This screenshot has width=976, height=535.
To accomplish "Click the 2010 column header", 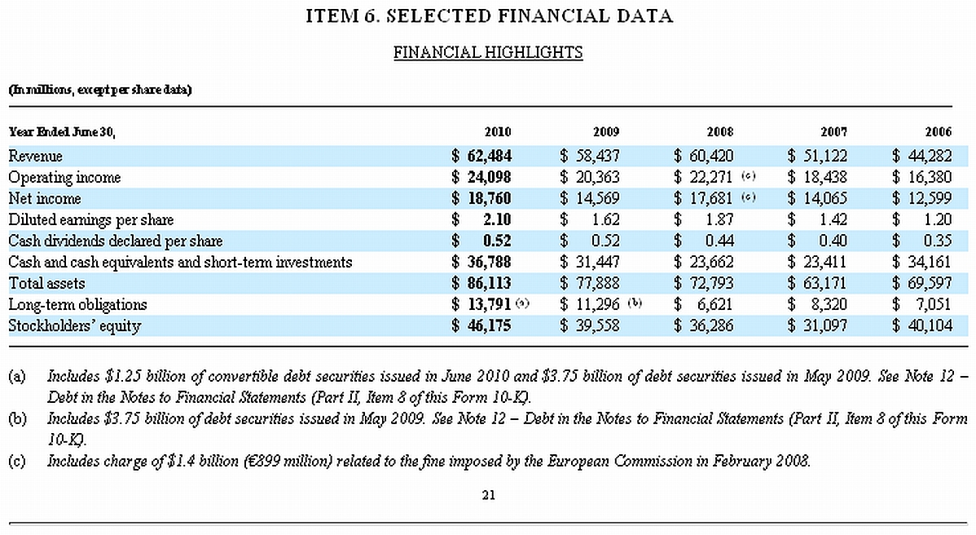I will click(x=497, y=132).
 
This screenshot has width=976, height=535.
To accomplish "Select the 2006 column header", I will click(x=938, y=132).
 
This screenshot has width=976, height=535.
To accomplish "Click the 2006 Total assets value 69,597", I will click(x=930, y=283).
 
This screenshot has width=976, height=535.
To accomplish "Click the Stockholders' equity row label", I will click(x=74, y=325).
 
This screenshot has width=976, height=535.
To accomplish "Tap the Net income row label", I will click(x=45, y=198).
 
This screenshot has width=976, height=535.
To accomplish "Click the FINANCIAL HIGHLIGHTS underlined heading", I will click(x=488, y=53).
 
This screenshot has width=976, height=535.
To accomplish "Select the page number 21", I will click(x=488, y=495).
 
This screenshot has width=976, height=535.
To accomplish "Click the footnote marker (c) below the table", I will click(x=17, y=462).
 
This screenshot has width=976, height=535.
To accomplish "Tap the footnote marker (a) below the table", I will click(x=17, y=377).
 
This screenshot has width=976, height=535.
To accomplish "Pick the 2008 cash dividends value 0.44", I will click(x=719, y=241).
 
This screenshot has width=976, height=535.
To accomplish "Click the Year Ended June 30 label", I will click(x=62, y=132).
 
